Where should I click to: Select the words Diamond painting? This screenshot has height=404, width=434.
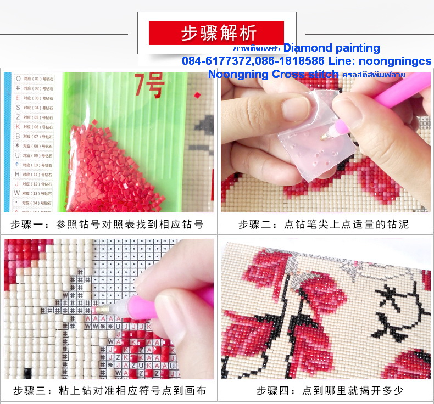tap(331, 48)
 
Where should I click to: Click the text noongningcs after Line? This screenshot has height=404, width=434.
tap(395, 61)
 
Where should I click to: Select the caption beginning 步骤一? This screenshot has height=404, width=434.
tap(107, 225)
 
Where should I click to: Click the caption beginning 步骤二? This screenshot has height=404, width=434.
tap(323, 225)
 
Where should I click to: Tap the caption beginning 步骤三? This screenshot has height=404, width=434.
tap(109, 391)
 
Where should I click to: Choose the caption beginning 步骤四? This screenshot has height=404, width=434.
tap(330, 391)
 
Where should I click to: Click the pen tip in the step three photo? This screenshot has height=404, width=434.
tap(99, 310)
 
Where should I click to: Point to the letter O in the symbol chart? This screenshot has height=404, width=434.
tap(18, 78)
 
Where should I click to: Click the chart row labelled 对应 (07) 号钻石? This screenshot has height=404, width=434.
tap(39, 136)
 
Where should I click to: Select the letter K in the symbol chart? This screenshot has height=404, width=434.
tap(18, 126)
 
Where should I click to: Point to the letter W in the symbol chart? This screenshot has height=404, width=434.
tap(18, 193)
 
